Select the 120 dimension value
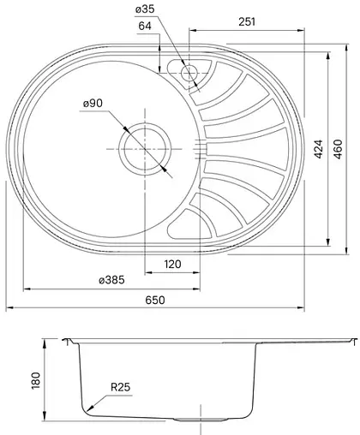tap(172, 265)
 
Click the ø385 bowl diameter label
tap(112, 281)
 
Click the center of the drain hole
tap(143, 147)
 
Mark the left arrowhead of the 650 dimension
tap(9, 306)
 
